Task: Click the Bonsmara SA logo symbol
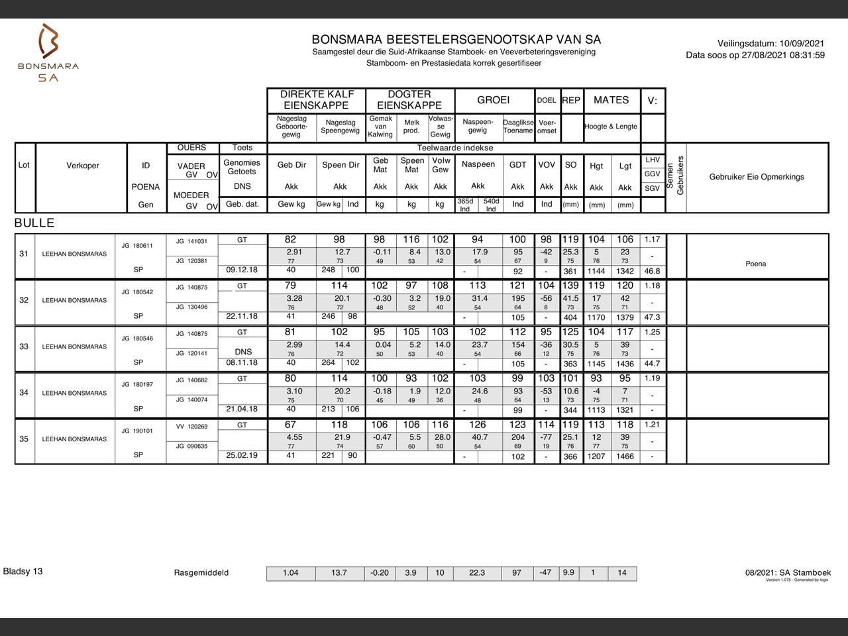pos(48,41)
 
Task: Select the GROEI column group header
pos(494,100)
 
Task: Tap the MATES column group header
pos(611,100)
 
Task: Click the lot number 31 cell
pos(24,254)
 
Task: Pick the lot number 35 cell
pos(24,439)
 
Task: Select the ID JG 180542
pos(137,292)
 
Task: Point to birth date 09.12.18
pos(242,270)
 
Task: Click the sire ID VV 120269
pos(191,427)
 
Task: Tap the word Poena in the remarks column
pos(755,264)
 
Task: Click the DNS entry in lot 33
pos(242,352)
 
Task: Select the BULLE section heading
pos(34,223)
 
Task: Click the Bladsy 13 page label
pos(23,571)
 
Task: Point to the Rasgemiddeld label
pos(201,573)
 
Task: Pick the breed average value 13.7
pos(339,573)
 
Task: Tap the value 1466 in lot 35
pos(625,456)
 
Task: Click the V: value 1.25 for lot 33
pos(653,332)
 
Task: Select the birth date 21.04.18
pos(242,409)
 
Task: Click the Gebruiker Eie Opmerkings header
pos(757,177)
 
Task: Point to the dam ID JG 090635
pos(191,447)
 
